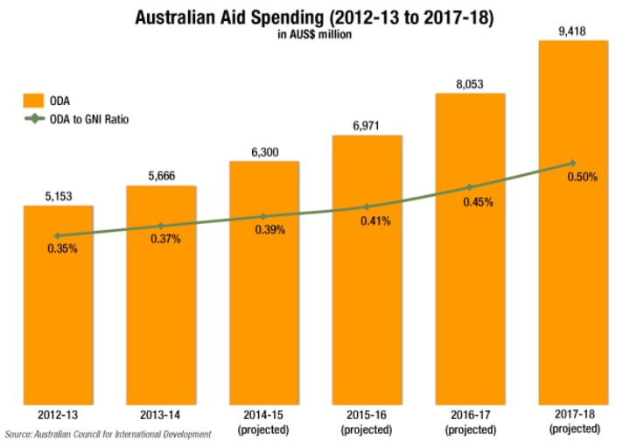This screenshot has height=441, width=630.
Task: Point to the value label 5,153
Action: (x=58, y=195)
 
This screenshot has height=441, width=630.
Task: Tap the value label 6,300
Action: (x=263, y=151)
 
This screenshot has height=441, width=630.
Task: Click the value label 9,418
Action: (x=572, y=31)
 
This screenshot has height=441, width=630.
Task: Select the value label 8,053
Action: (x=469, y=84)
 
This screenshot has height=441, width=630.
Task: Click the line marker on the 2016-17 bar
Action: (x=469, y=187)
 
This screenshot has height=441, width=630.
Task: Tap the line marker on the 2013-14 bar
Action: (x=161, y=226)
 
